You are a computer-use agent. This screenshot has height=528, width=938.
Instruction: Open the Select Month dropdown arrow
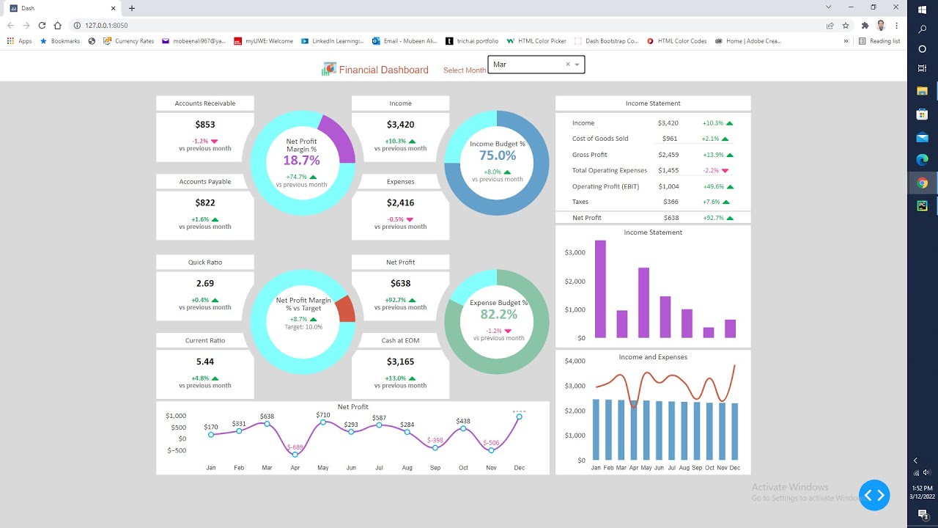[577, 65]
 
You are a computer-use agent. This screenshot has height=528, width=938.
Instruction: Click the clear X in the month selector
[567, 65]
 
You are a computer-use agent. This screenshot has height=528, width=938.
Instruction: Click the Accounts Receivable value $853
[205, 125]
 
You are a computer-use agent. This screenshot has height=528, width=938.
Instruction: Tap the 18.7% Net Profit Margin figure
[301, 161]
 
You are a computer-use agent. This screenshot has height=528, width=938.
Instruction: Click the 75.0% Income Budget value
[498, 155]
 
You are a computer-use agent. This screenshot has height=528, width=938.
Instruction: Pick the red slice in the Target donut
[346, 309]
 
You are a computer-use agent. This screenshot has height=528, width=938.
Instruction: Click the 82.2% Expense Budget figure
[498, 314]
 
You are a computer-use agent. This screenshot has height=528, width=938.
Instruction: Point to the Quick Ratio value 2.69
[205, 283]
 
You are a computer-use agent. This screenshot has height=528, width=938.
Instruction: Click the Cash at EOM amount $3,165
[400, 362]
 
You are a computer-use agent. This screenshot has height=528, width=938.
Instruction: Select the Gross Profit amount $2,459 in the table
[668, 155]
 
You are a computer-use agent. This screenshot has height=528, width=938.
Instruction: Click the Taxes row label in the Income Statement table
[580, 202]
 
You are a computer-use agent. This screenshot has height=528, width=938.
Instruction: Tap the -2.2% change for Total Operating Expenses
[710, 170]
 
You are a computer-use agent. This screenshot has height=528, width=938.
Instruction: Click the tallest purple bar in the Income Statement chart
[600, 289]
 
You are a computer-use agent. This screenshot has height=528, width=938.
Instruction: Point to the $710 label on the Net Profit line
[323, 415]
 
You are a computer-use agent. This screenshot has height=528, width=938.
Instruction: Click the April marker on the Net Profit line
[295, 455]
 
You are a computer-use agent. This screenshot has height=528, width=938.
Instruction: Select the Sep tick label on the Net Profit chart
[435, 467]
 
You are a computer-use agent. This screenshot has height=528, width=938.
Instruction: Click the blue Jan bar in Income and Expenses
[597, 430]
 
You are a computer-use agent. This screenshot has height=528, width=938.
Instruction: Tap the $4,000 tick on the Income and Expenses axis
[575, 361]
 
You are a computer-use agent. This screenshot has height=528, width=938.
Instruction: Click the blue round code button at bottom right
[874, 495]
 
